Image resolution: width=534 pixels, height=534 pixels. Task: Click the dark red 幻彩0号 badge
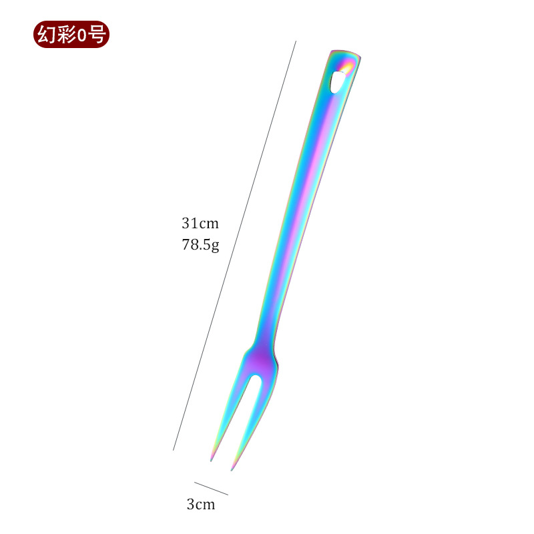click(71, 35)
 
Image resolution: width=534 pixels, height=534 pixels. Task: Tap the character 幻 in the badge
click(47, 35)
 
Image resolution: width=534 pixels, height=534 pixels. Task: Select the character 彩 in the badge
click(66, 35)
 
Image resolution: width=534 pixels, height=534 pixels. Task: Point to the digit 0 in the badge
click(82, 35)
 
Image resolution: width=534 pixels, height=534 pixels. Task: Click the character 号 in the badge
click(97, 35)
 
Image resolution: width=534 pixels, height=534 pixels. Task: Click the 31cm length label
click(200, 224)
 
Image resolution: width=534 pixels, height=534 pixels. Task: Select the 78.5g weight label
click(200, 245)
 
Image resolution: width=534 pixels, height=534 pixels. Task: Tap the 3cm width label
click(201, 505)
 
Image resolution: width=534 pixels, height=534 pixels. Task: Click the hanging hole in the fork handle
click(337, 81)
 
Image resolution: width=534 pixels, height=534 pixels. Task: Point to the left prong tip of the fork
click(211, 461)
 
